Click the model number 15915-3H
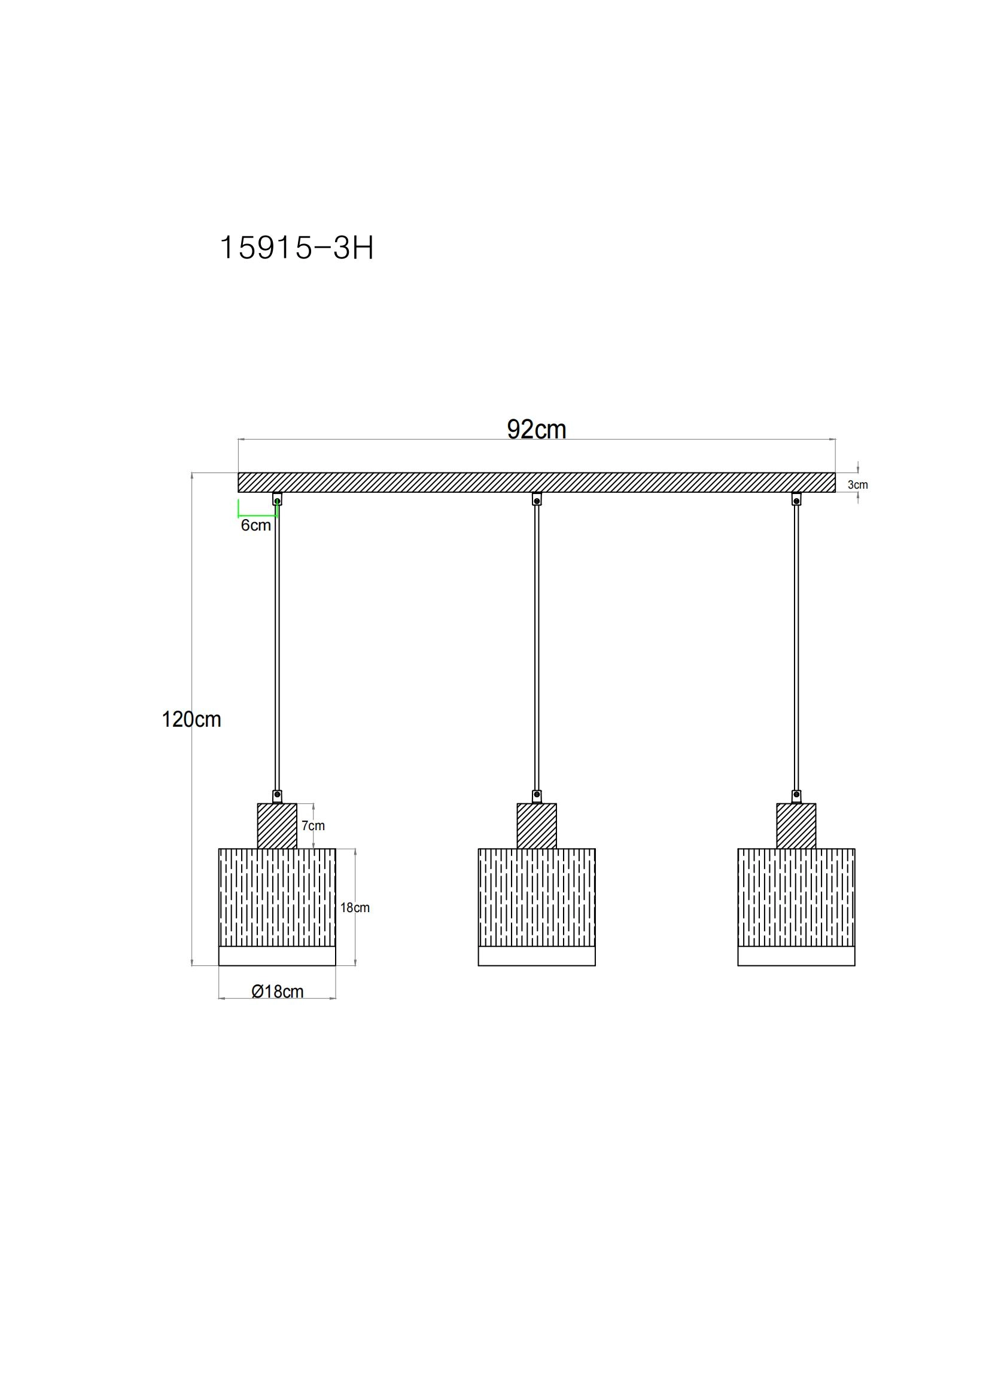(296, 248)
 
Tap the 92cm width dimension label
(536, 429)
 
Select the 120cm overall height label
(191, 720)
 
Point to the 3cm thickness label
(857, 485)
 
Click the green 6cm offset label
(255, 525)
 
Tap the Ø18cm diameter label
(277, 991)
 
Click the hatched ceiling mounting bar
(536, 482)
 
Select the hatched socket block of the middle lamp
(536, 825)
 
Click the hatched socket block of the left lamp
(277, 825)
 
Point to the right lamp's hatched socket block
(796, 825)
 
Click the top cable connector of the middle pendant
(536, 499)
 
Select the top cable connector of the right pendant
(796, 499)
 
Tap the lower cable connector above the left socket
(277, 795)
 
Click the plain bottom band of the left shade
(277, 956)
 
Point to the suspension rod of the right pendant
(796, 646)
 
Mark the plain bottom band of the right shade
(796, 956)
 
